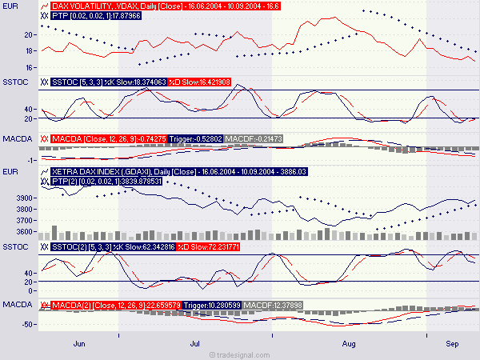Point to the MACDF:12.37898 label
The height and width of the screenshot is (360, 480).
tap(273, 305)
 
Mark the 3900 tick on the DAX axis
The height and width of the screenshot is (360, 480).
tap(25, 198)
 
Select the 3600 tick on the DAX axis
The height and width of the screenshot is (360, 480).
tap(25, 233)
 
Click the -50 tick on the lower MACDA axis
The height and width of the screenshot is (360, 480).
tap(27, 324)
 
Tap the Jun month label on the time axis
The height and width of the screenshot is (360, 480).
tap(78, 342)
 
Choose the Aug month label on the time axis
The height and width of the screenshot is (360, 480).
tap(349, 342)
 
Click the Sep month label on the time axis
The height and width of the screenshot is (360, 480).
tap(452, 342)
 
